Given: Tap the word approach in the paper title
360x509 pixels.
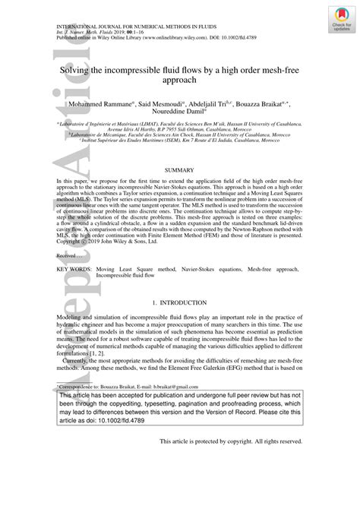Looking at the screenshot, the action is click(180, 79).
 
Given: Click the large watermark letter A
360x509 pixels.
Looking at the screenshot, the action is click(24, 334).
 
